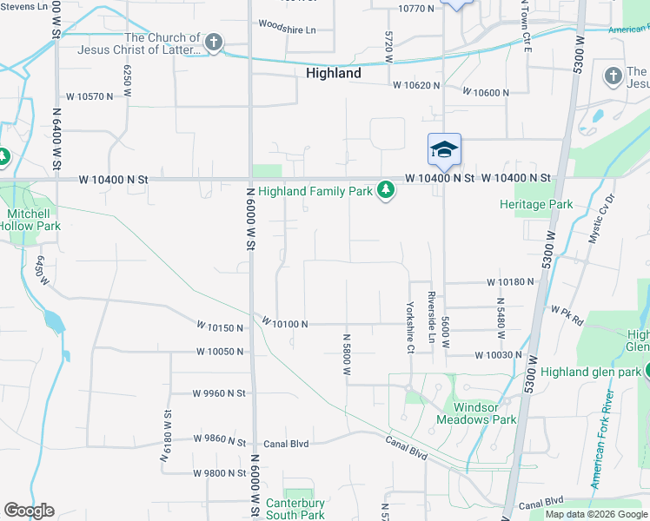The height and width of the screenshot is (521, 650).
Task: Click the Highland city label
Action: pyautogui.click(x=333, y=74)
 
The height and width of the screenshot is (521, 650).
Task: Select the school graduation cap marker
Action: pyautogui.click(x=444, y=149)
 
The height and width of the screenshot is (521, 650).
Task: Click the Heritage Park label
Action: pyautogui.click(x=536, y=204)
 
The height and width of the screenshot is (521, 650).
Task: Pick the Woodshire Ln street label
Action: pyautogui.click(x=287, y=29)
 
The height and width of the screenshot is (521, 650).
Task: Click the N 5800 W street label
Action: pyautogui.click(x=346, y=354)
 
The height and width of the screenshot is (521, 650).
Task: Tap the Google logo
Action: pyautogui.click(x=29, y=511)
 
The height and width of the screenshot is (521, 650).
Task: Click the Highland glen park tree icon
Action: pyautogui.click(x=648, y=372)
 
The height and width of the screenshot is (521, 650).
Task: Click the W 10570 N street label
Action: pyautogui.click(x=84, y=96)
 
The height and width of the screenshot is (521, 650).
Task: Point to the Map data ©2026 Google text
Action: pyautogui.click(x=596, y=514)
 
